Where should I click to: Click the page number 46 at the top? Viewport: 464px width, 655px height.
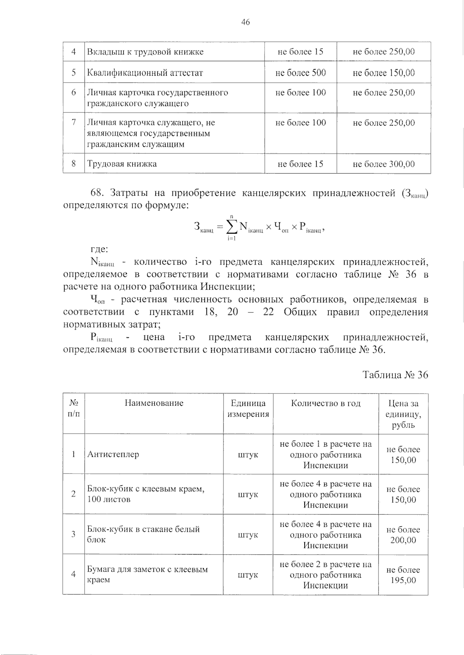pos(246,22)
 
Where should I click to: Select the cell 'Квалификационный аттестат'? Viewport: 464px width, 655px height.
pos(145,73)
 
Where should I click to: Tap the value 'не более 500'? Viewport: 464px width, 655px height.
pos(300,73)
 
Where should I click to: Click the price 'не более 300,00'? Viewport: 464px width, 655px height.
pos(384,164)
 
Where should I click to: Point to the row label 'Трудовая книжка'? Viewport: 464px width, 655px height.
pos(122,164)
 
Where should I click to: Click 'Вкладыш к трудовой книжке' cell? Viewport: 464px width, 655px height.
pos(145,52)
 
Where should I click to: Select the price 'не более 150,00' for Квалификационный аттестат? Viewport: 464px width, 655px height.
pos(384,73)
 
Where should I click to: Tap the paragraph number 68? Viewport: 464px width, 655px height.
pos(97,192)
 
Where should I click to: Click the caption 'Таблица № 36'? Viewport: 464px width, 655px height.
pos(395,375)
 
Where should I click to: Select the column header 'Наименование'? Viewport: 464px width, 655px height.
pos(154,403)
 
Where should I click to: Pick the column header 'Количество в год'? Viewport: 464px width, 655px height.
pos(326,403)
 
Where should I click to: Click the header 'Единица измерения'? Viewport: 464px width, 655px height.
pos(248,409)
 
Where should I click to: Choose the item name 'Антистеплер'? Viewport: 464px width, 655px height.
pos(113,454)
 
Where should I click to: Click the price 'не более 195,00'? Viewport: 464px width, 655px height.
pos(403,575)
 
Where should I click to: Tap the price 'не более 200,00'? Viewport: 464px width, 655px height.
pos(403,535)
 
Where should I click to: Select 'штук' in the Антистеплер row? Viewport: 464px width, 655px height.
pos(248,455)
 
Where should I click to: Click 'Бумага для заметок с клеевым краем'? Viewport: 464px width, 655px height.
pos(147,574)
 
